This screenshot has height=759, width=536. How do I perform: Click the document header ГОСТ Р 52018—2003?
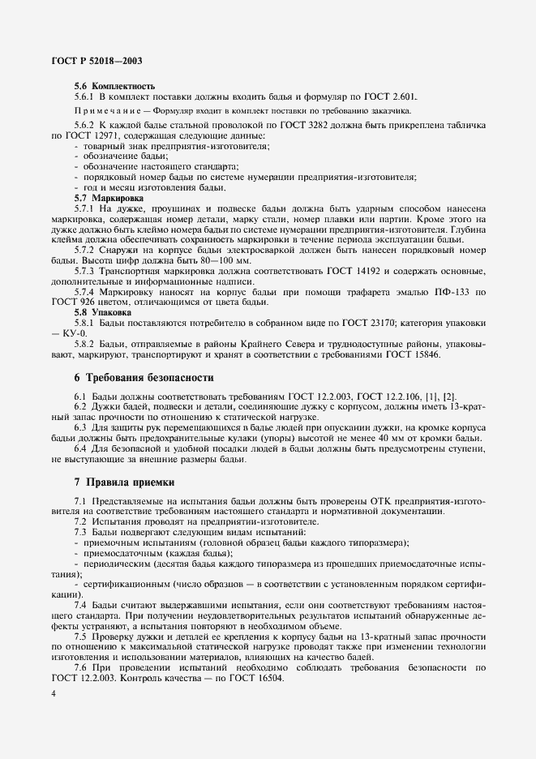pyautogui.click(x=96, y=61)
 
